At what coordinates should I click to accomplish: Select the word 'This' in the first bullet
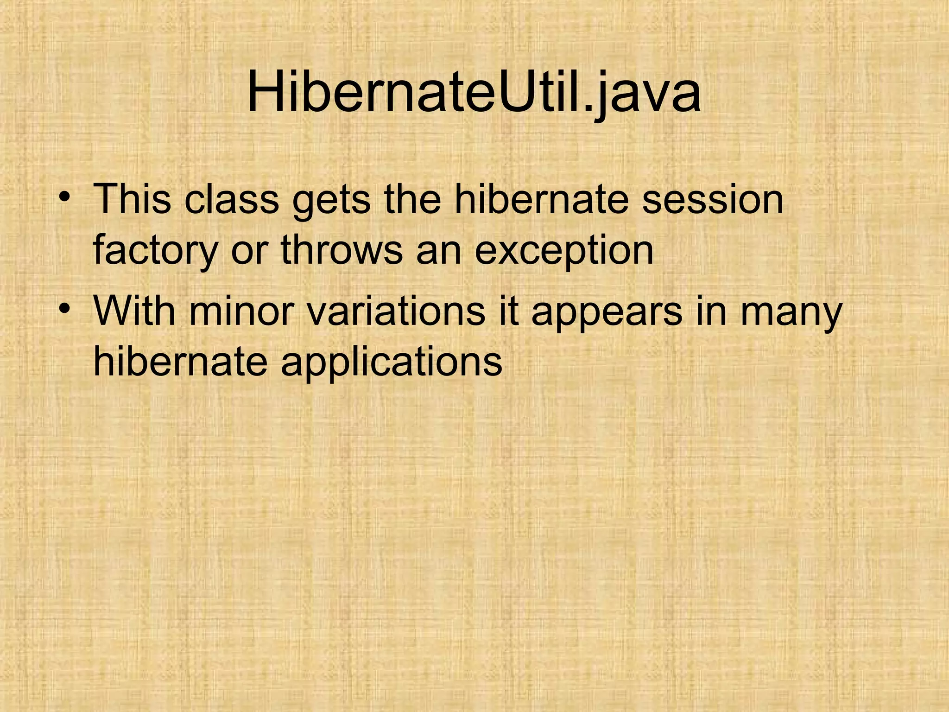[132, 199]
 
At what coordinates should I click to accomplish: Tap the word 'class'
[231, 199]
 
